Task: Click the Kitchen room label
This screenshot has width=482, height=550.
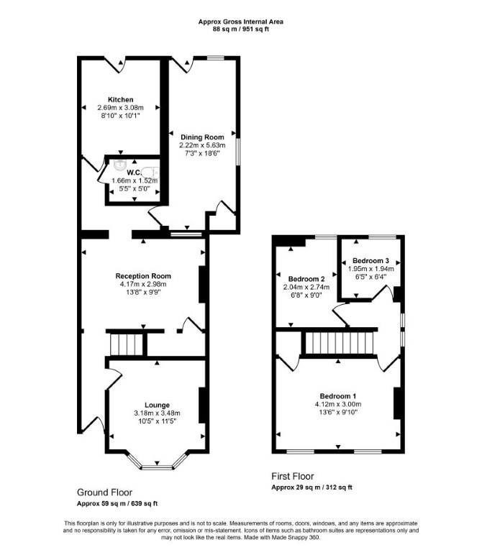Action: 120,100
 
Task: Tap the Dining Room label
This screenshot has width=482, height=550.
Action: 202,137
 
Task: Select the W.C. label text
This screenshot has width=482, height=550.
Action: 134,173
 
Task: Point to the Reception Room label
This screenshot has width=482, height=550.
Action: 143,276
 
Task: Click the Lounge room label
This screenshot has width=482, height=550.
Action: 157,405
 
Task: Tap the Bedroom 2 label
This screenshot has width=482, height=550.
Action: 306,279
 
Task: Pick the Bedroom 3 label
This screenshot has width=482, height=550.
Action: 370,260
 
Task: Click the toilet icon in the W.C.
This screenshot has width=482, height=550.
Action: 151,172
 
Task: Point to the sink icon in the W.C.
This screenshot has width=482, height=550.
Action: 120,164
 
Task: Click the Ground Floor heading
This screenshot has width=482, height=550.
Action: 104,492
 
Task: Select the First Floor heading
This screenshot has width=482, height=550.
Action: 293,477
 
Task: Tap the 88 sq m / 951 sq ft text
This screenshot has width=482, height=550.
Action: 241,29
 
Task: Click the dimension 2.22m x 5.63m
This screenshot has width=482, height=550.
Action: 203,145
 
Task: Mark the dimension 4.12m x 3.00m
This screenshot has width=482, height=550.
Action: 338,404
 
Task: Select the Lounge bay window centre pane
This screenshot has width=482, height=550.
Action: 157,467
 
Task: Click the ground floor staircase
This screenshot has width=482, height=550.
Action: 127,344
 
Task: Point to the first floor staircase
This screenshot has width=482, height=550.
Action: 339,343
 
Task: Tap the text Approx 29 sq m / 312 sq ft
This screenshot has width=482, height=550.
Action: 312,487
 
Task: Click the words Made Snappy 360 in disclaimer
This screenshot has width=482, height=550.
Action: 300,537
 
